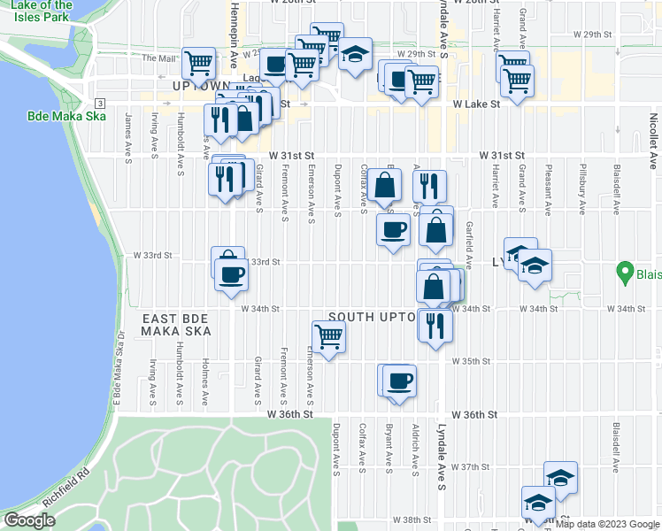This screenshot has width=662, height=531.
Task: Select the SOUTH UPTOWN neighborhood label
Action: coord(372,316)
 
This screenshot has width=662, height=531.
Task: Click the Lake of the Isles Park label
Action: coord(47,12)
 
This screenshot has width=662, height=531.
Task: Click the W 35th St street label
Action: coord(471,361)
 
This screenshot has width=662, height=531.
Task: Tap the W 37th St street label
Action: coord(471,466)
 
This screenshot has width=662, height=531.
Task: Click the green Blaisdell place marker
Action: coord(625,273)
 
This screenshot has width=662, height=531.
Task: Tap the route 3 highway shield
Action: coord(101,104)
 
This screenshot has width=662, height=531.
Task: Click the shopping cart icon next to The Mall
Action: coord(198,62)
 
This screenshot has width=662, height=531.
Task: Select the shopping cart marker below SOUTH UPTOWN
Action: coord(328,335)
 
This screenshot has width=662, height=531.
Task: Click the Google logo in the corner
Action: coord(29,520)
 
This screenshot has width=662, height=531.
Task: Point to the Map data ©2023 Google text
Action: coord(608,525)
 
